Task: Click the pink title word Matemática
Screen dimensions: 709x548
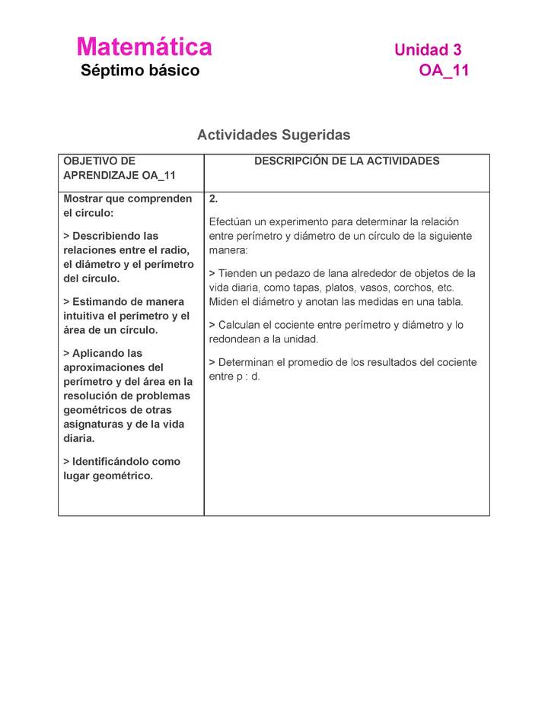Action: [144, 47]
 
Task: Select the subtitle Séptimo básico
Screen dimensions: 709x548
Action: [140, 71]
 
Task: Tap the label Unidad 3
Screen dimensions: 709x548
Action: [427, 50]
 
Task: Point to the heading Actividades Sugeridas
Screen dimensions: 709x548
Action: [273, 135]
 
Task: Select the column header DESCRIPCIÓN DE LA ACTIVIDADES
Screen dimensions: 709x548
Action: [346, 161]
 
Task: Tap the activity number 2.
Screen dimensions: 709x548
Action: [214, 199]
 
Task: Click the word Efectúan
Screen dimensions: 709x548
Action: [231, 221]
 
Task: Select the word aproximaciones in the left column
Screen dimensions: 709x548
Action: [103, 367]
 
